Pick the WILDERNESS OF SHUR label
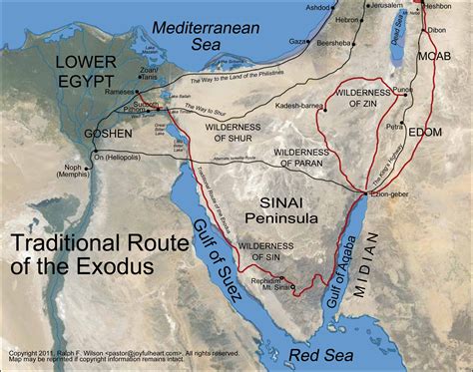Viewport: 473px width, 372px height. (233, 136)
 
